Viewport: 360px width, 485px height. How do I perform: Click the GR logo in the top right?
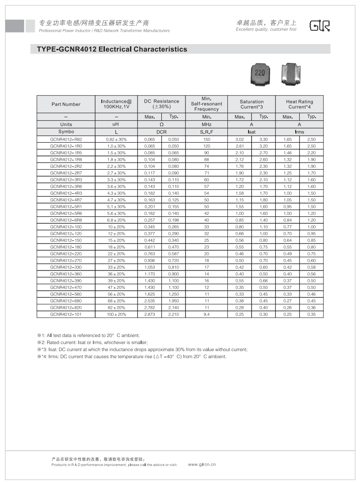[319, 26]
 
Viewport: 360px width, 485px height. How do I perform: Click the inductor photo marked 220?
[260, 74]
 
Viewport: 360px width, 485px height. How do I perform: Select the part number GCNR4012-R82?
[66, 139]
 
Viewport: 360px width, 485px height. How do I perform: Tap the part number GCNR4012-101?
[66, 315]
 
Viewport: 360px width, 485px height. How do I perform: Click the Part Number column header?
[66, 104]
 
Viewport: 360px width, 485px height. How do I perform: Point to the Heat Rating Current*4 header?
[299, 104]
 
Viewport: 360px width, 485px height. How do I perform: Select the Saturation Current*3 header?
[252, 104]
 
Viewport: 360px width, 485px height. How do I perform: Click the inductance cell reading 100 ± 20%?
[116, 315]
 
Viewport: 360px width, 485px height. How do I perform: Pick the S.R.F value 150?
[207, 139]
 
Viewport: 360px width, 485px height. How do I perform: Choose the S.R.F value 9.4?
[207, 315]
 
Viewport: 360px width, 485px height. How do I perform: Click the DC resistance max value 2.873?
[150, 315]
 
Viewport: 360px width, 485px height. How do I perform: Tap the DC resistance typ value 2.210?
[174, 315]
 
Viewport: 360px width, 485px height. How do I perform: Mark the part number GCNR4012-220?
[66, 254]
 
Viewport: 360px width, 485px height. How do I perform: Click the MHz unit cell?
[207, 124]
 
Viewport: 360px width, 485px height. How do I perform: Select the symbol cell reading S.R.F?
[207, 132]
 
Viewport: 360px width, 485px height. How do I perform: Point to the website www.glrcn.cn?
[202, 464]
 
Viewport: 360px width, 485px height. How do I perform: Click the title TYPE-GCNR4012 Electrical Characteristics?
[112, 49]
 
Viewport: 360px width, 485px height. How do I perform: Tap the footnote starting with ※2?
[93, 342]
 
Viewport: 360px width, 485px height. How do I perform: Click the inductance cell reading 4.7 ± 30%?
[116, 200]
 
